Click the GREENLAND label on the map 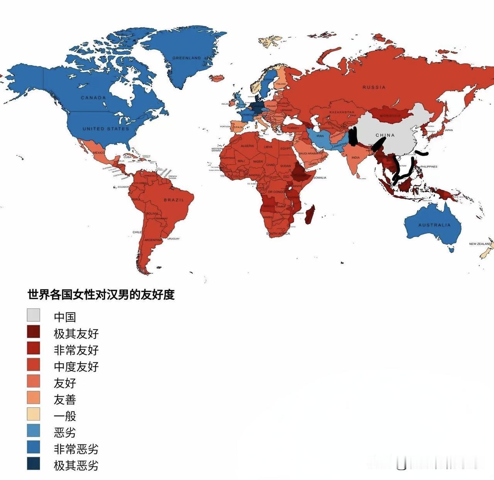[186, 58]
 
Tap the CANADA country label [93, 98]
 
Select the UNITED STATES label [106, 128]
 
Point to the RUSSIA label [374, 87]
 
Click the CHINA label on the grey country [385, 135]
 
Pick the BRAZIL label [174, 200]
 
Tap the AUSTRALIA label [434, 225]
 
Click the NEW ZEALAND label [480, 244]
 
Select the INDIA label [355, 157]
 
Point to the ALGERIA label [247, 146]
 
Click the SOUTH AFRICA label [278, 234]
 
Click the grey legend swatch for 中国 [34, 315]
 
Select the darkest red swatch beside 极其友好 [34, 331]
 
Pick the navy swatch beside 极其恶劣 [34, 464]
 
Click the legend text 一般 [65, 416]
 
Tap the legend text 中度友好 [76, 366]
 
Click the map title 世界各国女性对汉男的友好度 [101, 294]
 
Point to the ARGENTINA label [153, 240]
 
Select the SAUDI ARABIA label [308, 153]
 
